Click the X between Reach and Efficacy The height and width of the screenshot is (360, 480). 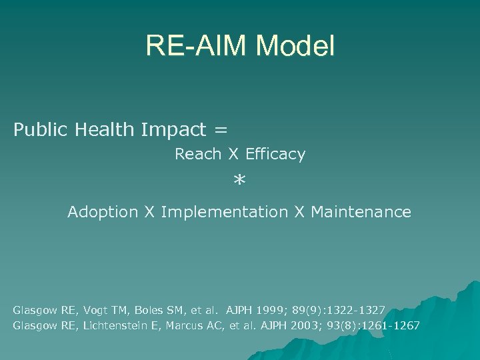pos(233,155)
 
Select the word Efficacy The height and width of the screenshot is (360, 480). pos(275,155)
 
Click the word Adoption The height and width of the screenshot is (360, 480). pos(102,212)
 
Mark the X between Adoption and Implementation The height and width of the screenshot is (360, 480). pos(150,212)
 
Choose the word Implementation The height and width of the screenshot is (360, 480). pos(224,212)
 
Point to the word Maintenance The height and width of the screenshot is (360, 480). pos(361,212)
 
